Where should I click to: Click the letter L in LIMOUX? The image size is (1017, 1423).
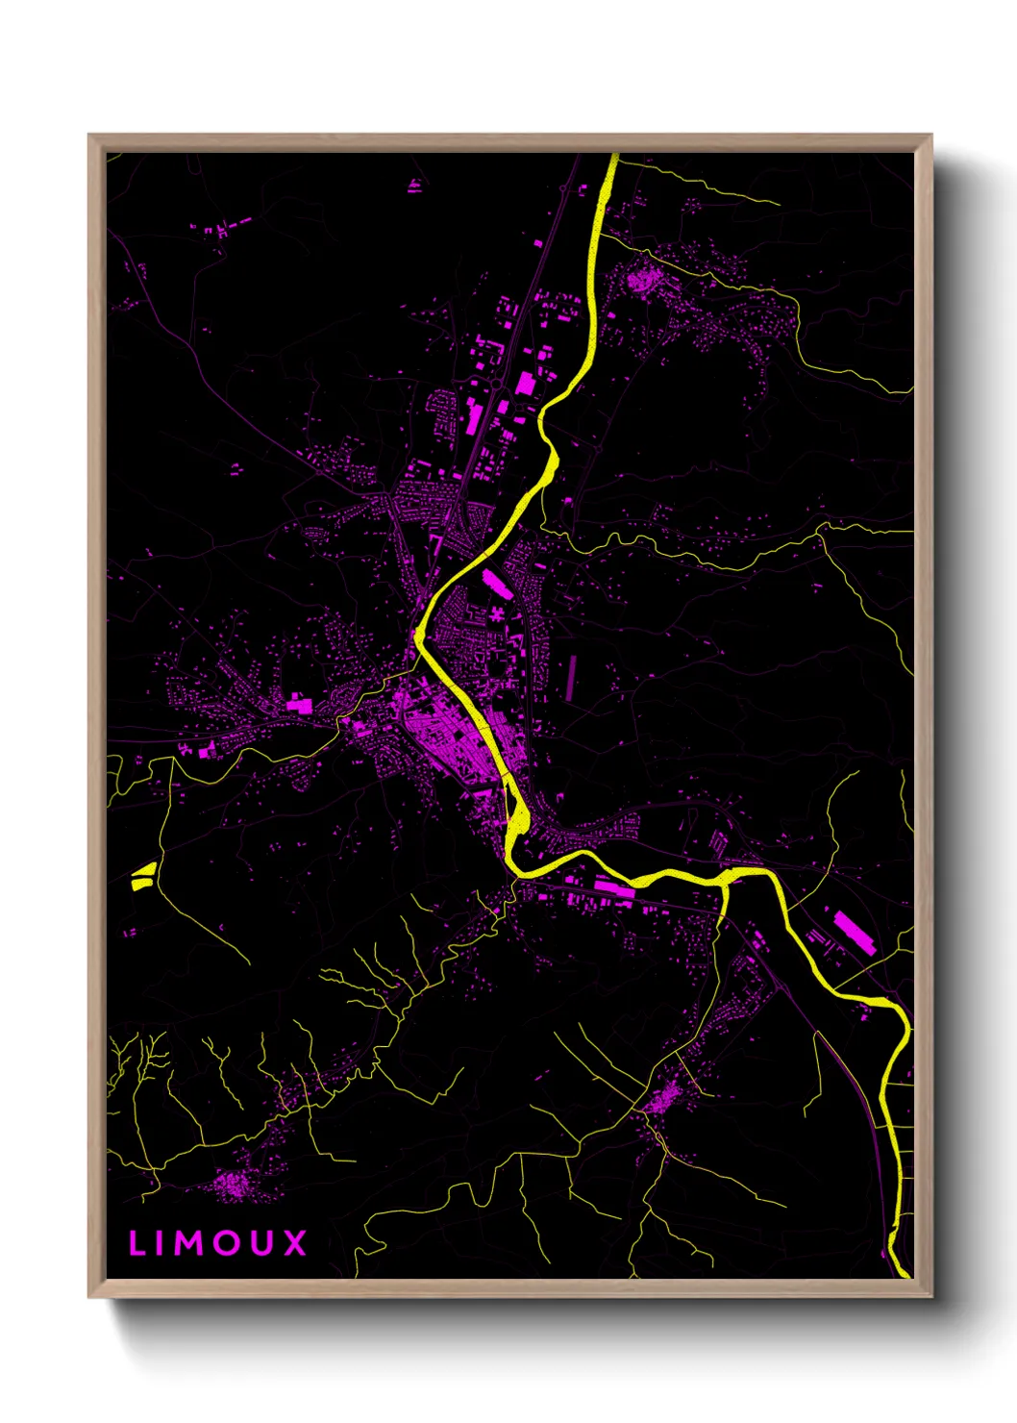(x=136, y=1243)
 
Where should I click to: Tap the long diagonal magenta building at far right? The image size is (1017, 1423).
(x=854, y=933)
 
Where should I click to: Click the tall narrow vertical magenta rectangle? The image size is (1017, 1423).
(x=572, y=677)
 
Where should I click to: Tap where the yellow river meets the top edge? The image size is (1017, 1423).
(x=612, y=157)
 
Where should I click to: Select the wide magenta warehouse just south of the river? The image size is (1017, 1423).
(x=614, y=889)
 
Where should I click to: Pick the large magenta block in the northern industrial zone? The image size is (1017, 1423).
(x=526, y=384)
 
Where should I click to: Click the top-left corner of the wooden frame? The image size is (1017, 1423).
(x=89, y=136)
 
